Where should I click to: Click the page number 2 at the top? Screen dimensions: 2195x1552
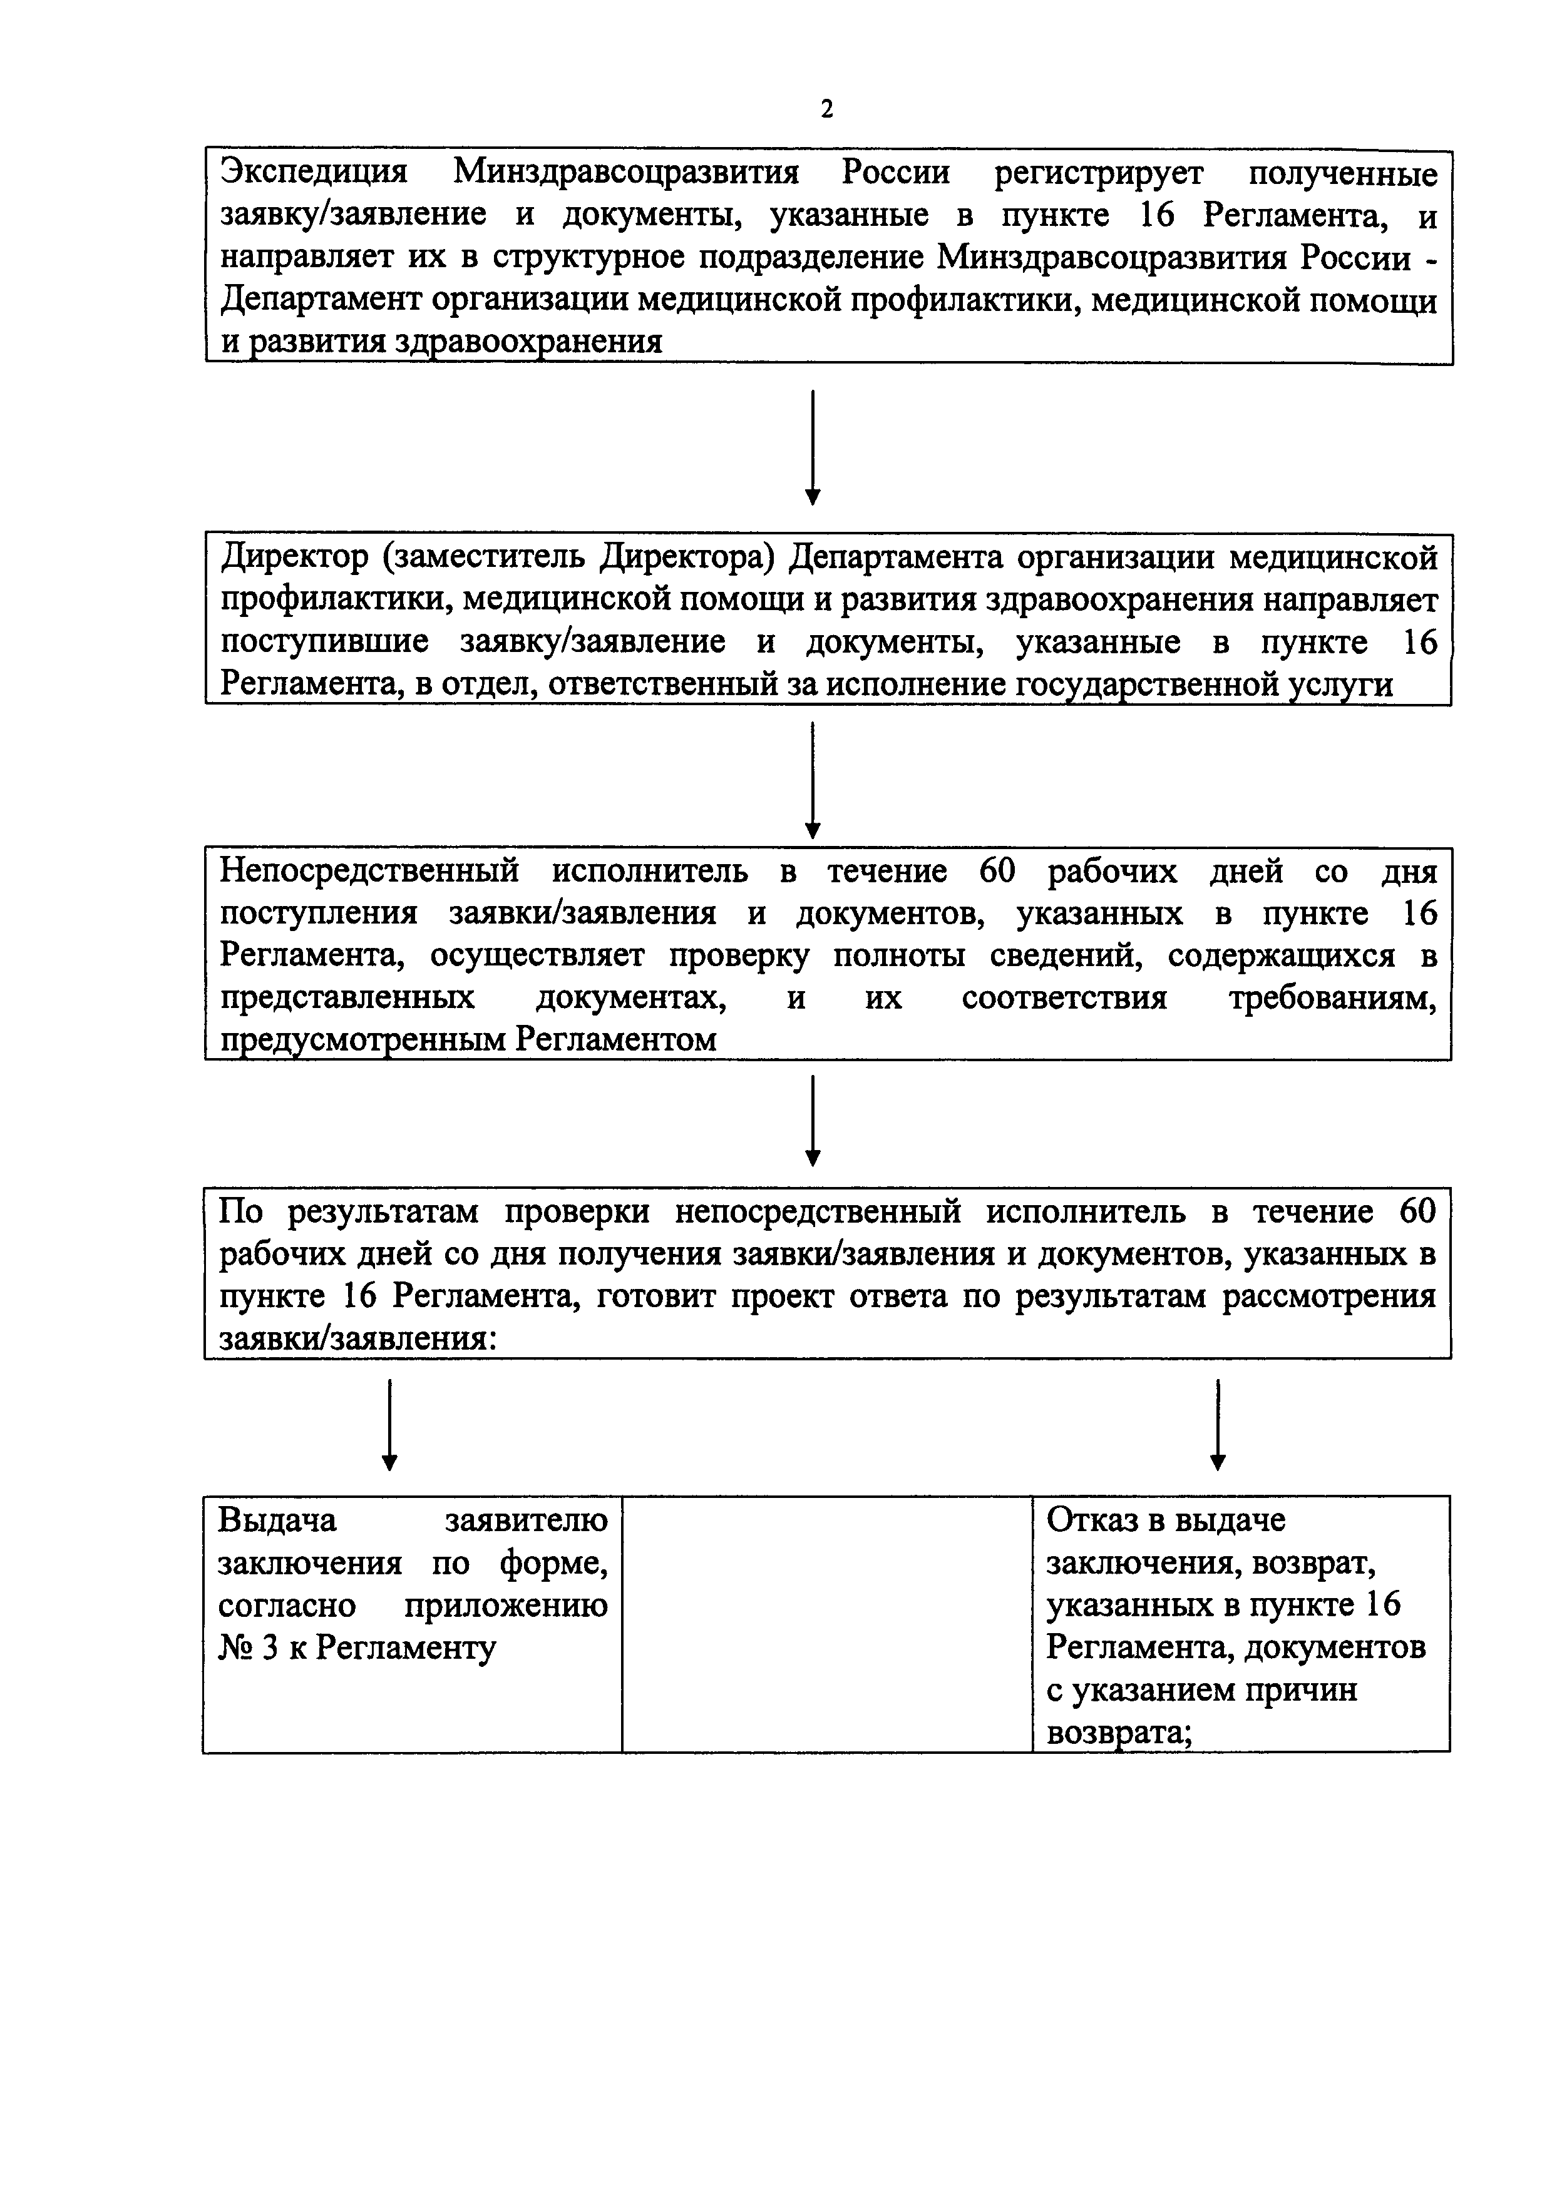[826, 109]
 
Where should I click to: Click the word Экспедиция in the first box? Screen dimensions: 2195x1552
[314, 173]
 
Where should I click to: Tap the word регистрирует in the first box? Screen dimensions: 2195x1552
[1097, 173]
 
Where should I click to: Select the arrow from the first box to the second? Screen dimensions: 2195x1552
[812, 447]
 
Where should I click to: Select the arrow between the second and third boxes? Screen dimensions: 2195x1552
[812, 779]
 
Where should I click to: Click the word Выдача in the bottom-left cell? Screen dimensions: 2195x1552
[277, 1519]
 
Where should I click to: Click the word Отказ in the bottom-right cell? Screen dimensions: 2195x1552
[1091, 1519]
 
